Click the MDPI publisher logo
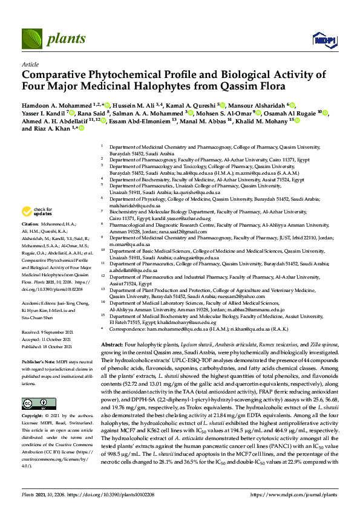pyautogui.click(x=324, y=41)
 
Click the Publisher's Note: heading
pyautogui.click(x=39, y=361)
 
